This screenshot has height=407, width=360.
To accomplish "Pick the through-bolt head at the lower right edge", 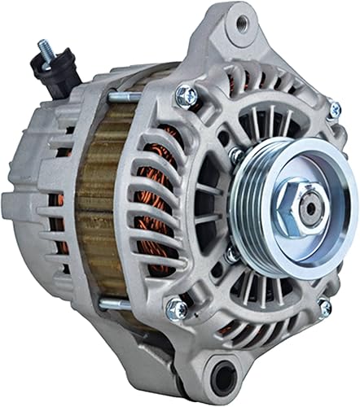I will [324, 307].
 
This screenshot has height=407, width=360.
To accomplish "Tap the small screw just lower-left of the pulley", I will [230, 255].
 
